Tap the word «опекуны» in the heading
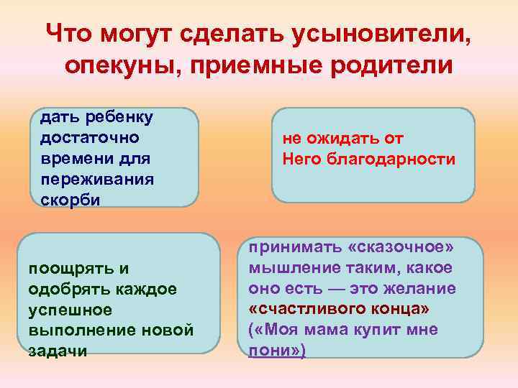coord(119,65)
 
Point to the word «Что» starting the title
coord(69,32)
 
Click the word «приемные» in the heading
coord(251,65)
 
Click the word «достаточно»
coord(84,136)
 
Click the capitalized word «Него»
coord(304,159)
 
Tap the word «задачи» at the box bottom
coord(58,351)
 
